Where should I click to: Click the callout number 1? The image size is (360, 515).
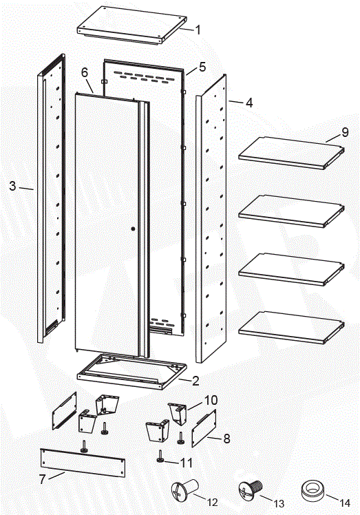198,30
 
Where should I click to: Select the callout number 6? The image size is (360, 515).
85,72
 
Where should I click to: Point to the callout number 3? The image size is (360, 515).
12,186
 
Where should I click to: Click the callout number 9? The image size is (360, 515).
345,133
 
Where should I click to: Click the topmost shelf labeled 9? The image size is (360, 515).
290,151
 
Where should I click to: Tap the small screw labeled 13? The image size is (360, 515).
249,491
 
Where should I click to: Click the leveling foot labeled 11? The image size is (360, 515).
160,456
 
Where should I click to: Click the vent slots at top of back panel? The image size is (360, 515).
143,74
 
